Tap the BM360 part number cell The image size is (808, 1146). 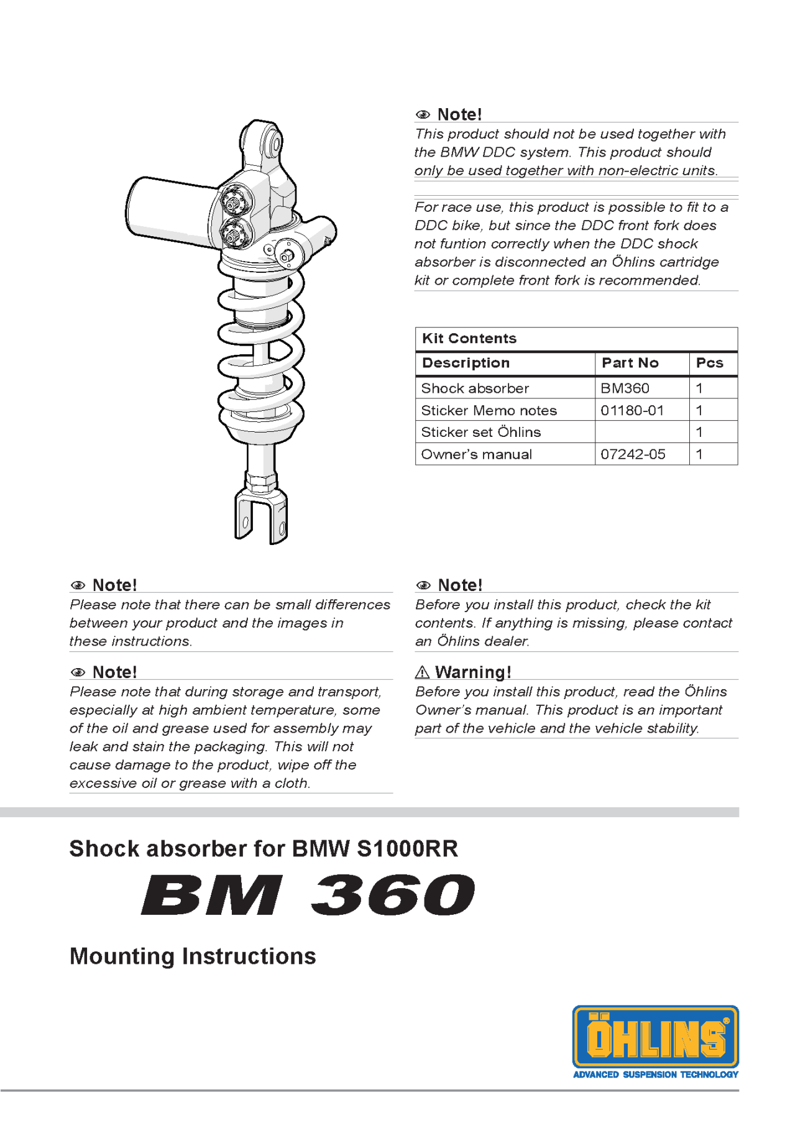click(x=625, y=388)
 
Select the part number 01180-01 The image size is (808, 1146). click(x=632, y=410)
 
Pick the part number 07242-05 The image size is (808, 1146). click(x=633, y=454)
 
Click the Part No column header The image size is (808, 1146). click(x=630, y=363)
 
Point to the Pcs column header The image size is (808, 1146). click(x=709, y=363)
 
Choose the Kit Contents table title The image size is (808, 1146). click(x=469, y=339)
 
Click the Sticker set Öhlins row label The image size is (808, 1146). click(x=480, y=432)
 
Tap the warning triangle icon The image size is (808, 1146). click(x=422, y=672)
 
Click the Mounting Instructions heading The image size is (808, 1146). click(x=193, y=956)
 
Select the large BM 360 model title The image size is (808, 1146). click(x=308, y=895)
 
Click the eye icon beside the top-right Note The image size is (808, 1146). click(x=423, y=115)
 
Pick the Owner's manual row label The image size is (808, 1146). click(x=476, y=454)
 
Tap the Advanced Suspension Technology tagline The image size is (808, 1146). click(x=655, y=1075)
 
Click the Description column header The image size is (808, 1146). click(x=466, y=363)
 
